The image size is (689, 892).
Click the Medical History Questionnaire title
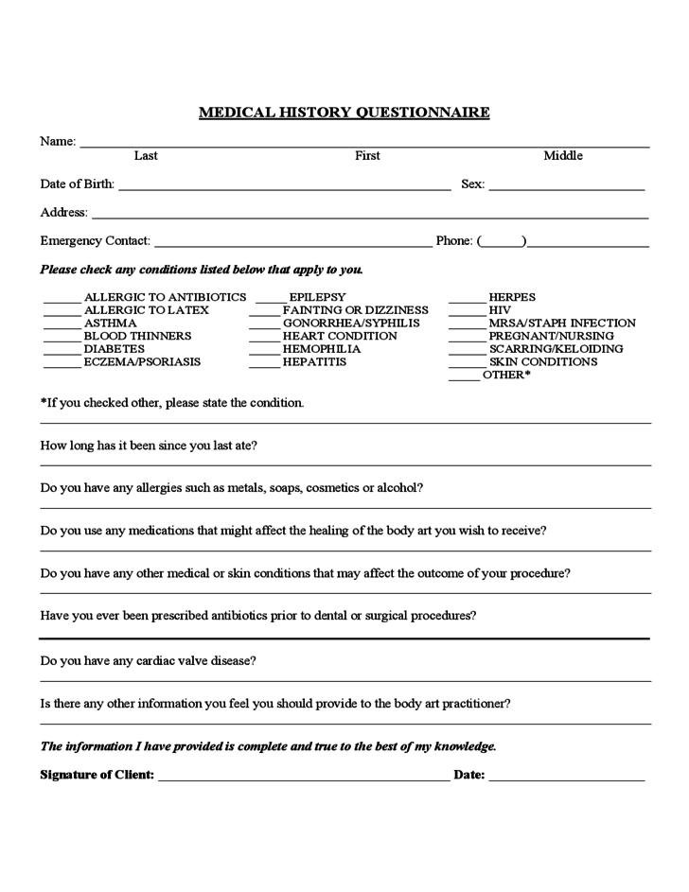(x=344, y=113)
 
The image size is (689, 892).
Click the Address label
(x=63, y=213)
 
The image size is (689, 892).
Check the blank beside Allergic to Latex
(x=62, y=312)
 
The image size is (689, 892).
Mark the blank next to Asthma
(x=62, y=325)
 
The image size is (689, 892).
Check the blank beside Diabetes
(x=62, y=351)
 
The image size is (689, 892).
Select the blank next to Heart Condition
(x=264, y=339)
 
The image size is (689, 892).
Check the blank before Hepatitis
(x=264, y=364)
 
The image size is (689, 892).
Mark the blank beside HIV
(x=466, y=312)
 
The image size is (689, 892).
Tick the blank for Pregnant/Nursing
(x=466, y=339)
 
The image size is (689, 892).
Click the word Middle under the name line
(x=563, y=156)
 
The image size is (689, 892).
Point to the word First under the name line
(x=367, y=156)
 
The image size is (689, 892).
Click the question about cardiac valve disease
(x=148, y=660)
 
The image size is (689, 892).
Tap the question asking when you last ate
(x=149, y=446)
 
